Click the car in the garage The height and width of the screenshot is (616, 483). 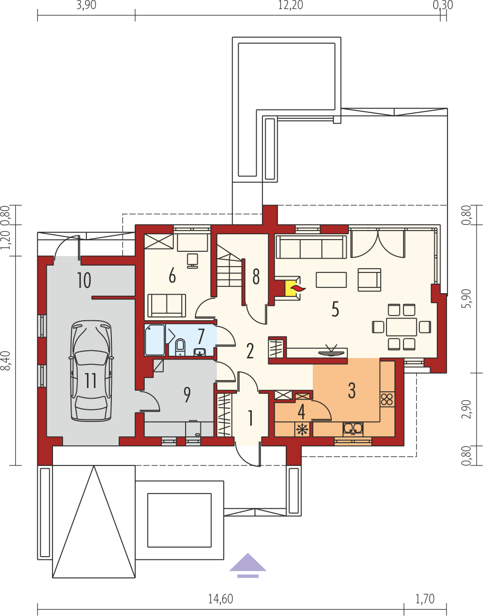pyautogui.click(x=91, y=371)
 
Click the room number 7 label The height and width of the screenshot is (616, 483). pyautogui.click(x=201, y=336)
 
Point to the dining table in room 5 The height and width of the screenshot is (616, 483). pyautogui.click(x=401, y=327)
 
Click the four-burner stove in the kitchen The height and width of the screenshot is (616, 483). pyautogui.click(x=387, y=399)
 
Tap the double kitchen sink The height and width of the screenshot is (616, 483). pyautogui.click(x=353, y=428)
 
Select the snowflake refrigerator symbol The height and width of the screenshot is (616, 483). pyautogui.click(x=302, y=429)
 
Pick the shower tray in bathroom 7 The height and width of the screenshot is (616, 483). pyautogui.click(x=155, y=340)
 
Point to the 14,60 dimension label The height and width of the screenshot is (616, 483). pyautogui.click(x=221, y=599)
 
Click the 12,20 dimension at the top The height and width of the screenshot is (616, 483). pyautogui.click(x=291, y=5)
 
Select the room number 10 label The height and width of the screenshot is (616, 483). pyautogui.click(x=84, y=280)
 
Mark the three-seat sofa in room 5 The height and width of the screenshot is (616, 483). pyautogui.click(x=311, y=247)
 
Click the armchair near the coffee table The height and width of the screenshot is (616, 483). pyautogui.click(x=370, y=280)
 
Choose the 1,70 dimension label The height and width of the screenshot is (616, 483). pyautogui.click(x=425, y=599)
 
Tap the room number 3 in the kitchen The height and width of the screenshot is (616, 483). pyautogui.click(x=352, y=390)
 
